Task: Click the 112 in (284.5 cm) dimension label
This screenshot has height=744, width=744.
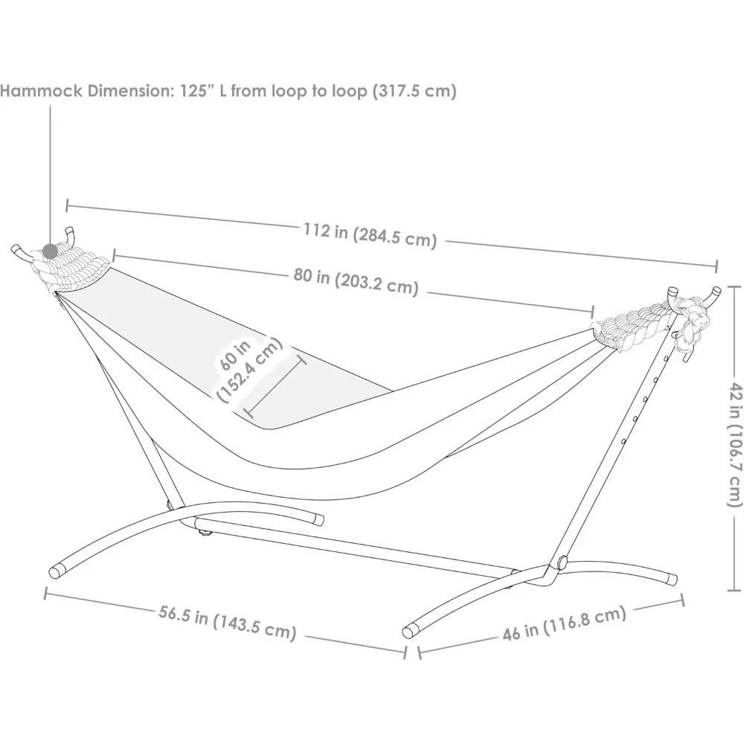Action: click(370, 236)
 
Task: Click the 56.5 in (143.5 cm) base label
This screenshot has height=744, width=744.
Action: click(227, 621)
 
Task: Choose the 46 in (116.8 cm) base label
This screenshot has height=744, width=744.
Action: click(564, 623)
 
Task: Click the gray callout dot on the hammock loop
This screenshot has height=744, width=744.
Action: click(50, 251)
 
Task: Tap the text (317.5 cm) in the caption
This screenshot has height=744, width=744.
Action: click(414, 91)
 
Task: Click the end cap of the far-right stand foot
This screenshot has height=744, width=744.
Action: click(671, 578)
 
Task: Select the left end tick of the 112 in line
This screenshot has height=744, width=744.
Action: click(68, 205)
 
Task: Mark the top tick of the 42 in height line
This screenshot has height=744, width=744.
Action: click(734, 286)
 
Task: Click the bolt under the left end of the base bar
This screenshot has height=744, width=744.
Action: click(205, 534)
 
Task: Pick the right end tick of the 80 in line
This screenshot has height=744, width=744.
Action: click(592, 312)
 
